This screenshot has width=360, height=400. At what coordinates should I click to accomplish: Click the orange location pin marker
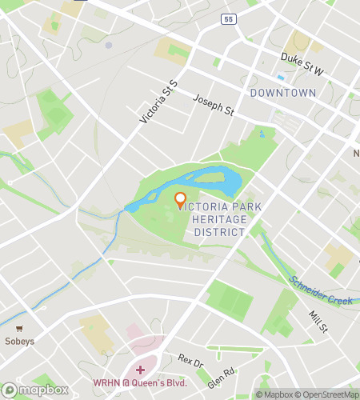pos(180,200)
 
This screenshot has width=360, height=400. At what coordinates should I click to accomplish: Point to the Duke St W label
pos(302,63)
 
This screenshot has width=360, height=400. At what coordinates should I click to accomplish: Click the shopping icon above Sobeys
pos(18,327)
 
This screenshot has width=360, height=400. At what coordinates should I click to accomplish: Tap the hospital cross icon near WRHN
pos(141,369)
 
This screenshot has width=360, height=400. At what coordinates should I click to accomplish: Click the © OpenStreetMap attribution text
pos(327,394)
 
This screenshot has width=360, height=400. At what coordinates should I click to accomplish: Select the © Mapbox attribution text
pos(274,394)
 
